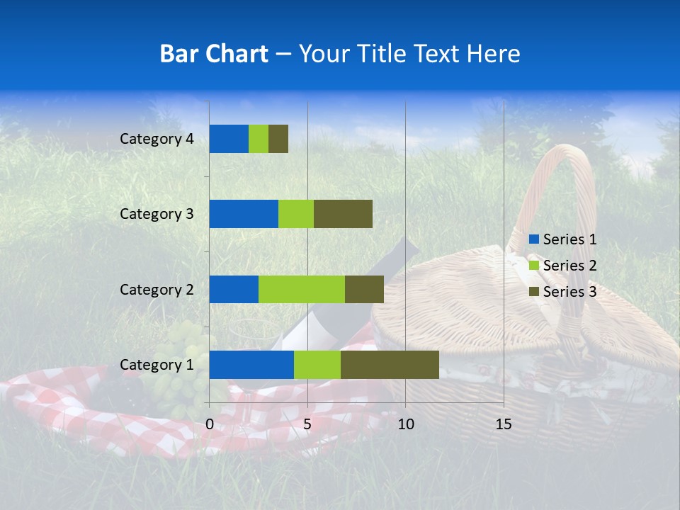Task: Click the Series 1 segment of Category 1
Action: click(251, 365)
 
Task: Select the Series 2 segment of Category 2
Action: click(302, 289)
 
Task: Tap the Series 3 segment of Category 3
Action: click(343, 214)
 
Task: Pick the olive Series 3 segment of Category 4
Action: click(278, 139)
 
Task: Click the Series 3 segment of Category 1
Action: click(390, 365)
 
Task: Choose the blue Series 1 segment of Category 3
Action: click(244, 214)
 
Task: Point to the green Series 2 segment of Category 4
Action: click(259, 139)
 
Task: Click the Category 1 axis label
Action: click(157, 365)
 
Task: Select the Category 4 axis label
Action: click(157, 139)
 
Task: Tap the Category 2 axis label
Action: click(157, 289)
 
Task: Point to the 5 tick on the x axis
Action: click(307, 424)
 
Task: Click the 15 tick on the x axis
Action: click(504, 424)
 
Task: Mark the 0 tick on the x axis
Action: click(210, 424)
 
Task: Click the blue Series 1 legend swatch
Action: click(533, 239)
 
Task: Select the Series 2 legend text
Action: click(569, 266)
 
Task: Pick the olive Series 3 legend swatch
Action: click(533, 292)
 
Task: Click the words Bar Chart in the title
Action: click(214, 54)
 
